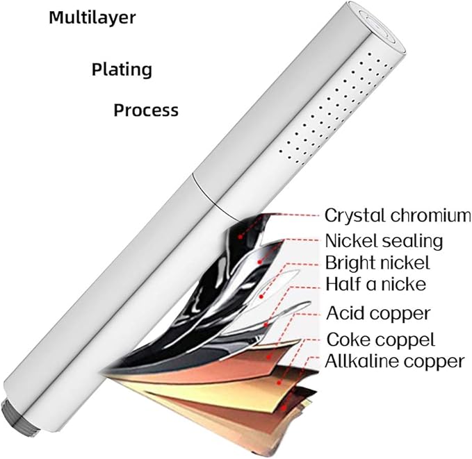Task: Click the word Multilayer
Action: tap(92, 18)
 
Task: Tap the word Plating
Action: tap(122, 69)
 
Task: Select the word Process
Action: tap(146, 110)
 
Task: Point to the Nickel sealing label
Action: tap(384, 241)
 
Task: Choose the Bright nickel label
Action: tap(377, 263)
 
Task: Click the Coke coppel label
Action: tap(381, 340)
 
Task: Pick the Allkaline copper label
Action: tap(394, 361)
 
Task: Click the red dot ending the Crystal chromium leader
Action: tap(240, 237)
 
